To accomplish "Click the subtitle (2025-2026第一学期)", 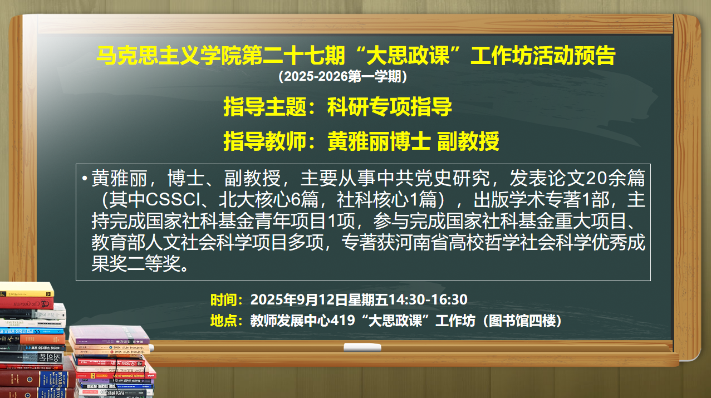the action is click(x=342, y=76).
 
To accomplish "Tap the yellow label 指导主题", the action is click(x=265, y=107).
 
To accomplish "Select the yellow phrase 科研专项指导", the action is click(x=389, y=107).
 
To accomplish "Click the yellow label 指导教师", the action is click(x=265, y=141).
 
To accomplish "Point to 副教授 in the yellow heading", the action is click(x=468, y=141).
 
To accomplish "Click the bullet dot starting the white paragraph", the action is click(x=85, y=178).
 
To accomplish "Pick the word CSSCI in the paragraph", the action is click(x=173, y=200).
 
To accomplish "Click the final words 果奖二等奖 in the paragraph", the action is click(x=136, y=264).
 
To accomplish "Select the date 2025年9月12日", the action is click(x=299, y=299).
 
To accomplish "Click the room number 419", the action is click(x=343, y=321).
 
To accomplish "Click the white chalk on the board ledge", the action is click(x=362, y=347).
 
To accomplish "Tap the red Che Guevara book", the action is click(x=27, y=303).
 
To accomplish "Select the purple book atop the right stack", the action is click(x=110, y=335).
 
